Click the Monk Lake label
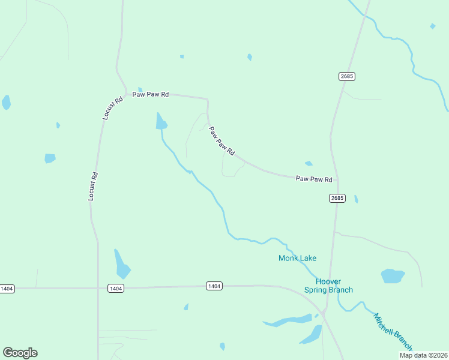(297, 258)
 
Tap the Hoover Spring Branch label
(328, 286)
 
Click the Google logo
(20, 353)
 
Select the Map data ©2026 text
(423, 355)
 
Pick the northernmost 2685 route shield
(346, 76)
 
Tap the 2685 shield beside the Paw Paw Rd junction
(337, 198)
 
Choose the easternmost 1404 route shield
(214, 286)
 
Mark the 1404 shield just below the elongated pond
(116, 289)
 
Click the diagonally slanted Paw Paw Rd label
(221, 140)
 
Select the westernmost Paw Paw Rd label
(151, 95)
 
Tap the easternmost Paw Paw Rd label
(314, 179)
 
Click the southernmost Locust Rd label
(92, 186)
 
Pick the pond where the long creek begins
(161, 122)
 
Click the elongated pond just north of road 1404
(122, 264)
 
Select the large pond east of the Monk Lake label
(393, 276)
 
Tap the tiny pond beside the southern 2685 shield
(356, 199)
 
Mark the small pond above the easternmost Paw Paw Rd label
(309, 163)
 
